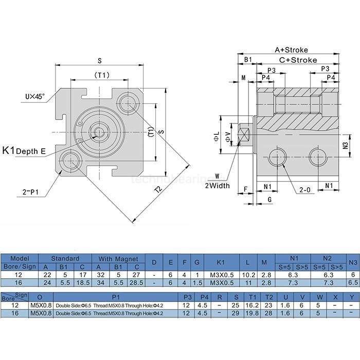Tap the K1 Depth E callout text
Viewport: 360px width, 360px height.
[x=24, y=151]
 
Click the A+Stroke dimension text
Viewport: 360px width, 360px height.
[x=291, y=50]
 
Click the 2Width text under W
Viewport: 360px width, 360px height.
[x=218, y=185]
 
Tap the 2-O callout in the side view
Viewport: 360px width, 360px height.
[x=305, y=190]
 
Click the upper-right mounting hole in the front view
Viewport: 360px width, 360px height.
[x=127, y=103]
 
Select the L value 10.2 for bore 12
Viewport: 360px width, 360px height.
[x=248, y=275]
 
